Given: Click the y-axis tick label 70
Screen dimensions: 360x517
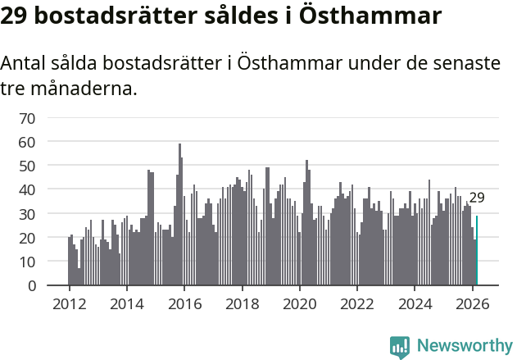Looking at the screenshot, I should tap(27, 118).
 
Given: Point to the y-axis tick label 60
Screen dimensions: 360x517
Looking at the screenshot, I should tap(27, 142).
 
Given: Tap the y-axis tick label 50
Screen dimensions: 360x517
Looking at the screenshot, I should tap(27, 166).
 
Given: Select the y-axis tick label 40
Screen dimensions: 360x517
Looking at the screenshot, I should tap(27, 189).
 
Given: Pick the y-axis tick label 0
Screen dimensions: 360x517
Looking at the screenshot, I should tap(31, 285).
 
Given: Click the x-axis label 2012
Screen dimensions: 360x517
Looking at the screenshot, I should tap(69, 303).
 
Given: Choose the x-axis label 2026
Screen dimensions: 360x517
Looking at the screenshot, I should tap(473, 303).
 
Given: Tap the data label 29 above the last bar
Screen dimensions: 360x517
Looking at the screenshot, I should tap(477, 198).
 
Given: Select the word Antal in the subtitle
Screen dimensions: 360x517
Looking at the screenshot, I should tap(25, 64).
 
